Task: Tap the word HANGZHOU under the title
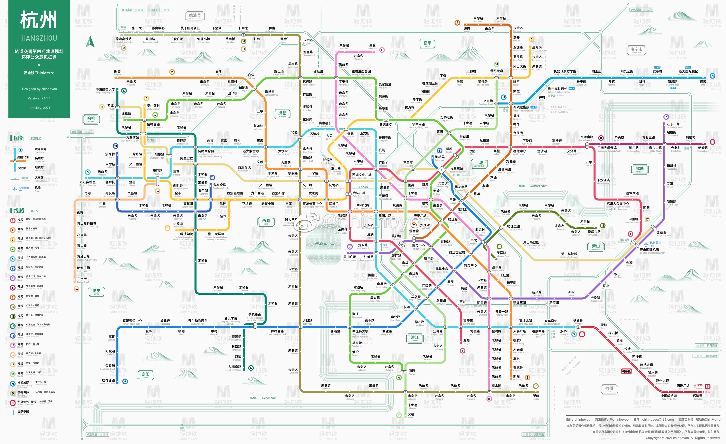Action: (x=39, y=38)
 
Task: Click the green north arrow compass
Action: (x=90, y=41)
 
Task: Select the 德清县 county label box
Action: (x=195, y=16)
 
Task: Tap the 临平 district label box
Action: (x=427, y=44)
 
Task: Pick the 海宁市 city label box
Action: (x=636, y=50)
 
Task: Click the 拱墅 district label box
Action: (x=282, y=114)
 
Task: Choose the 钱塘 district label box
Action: (x=640, y=169)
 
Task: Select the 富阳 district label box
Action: (x=146, y=375)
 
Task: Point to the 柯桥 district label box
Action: (x=609, y=389)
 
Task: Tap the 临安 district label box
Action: (x=96, y=291)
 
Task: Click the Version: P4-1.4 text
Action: (x=39, y=98)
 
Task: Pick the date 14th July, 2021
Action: (x=39, y=108)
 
